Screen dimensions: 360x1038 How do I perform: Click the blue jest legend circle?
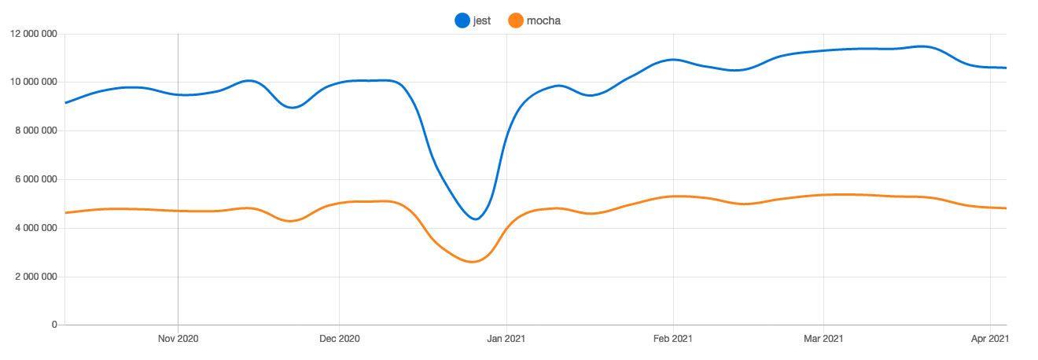[462, 20]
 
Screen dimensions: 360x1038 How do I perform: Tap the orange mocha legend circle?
[516, 20]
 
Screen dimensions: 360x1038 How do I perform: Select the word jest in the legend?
[482, 20]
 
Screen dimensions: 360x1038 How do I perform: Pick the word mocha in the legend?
[543, 20]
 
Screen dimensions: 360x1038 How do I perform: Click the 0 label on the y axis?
[55, 325]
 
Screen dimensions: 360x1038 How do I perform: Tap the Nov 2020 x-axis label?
[179, 339]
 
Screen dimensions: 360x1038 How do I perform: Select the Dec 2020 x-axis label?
[339, 339]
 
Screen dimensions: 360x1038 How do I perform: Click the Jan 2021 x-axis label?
[507, 339]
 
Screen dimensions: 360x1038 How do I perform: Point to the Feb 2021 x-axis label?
[673, 339]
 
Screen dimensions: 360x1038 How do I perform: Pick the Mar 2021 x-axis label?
[823, 339]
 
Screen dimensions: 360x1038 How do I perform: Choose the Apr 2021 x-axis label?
[989, 339]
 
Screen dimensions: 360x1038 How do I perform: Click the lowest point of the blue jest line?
[476, 219]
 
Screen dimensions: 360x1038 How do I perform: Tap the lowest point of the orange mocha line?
[473, 262]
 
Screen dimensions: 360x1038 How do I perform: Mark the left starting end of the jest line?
[65, 103]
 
